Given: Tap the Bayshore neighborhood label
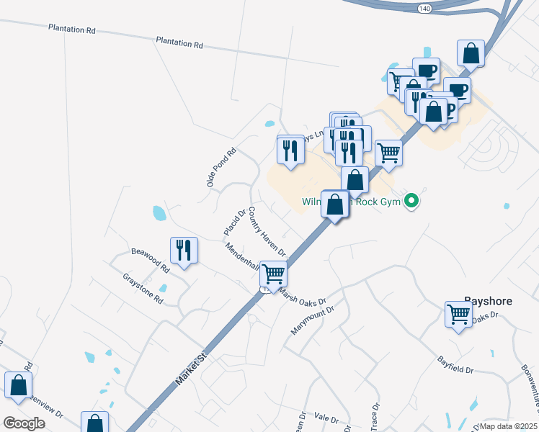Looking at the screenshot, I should coord(488,301).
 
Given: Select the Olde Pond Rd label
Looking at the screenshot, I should coord(221,168).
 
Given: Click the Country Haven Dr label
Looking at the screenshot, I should coord(267,233).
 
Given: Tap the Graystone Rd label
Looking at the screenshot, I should coord(143,287).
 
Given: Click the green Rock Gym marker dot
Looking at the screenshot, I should coord(411,201).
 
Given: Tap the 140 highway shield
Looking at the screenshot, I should coord(424,6).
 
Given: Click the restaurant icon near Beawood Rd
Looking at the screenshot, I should coord(184,250).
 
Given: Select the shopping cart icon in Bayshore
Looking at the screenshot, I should coord(458,313).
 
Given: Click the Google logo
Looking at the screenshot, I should coord(24,423).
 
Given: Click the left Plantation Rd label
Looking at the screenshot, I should coord(72,30).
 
